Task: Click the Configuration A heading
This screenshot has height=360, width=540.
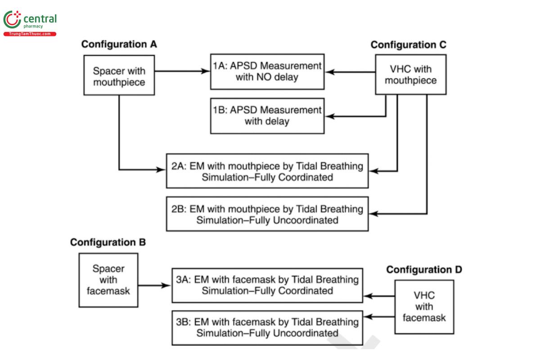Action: coord(119,45)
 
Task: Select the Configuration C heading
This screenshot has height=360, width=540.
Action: coord(408,45)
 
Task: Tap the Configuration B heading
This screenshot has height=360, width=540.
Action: coord(108,242)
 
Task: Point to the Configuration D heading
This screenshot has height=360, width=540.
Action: coord(424,270)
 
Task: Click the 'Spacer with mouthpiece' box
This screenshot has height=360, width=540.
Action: coord(119,76)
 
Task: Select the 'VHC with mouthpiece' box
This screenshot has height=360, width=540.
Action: coord(410,75)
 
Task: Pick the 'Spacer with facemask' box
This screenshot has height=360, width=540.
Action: coord(108,279)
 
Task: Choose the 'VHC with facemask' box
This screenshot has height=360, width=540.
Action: coord(424,307)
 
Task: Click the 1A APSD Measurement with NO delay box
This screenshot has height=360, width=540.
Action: coord(267,71)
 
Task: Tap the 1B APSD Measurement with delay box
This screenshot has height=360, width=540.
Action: coord(267,116)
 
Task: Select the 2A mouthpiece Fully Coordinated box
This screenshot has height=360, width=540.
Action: coord(267,171)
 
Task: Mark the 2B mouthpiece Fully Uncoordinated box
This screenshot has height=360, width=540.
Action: coord(267,214)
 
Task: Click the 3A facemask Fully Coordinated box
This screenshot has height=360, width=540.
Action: coord(267,285)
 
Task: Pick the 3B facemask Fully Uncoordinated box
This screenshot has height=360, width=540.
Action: coord(267,328)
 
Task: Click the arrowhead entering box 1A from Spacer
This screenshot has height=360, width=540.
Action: coord(207,71)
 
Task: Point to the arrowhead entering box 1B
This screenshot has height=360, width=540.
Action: coord(330,116)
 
